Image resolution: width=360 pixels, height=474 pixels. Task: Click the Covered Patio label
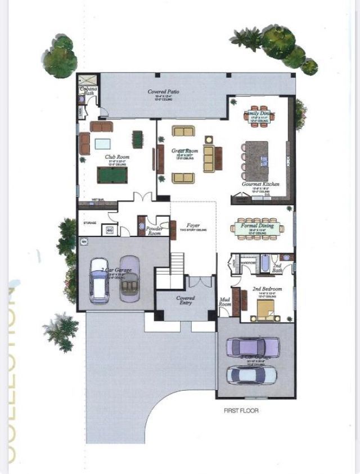pyautogui.click(x=164, y=91)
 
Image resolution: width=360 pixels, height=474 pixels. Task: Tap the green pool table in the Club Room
pyautogui.click(x=112, y=175)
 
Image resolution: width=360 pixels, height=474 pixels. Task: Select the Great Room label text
pyautogui.click(x=184, y=151)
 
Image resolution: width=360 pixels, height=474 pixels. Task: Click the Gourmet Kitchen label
pyautogui.click(x=260, y=184)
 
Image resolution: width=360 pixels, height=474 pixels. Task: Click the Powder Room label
pyautogui.click(x=154, y=231)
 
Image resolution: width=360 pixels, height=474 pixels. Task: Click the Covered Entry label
pyautogui.click(x=185, y=301)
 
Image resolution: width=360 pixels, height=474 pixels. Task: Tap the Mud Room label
pyautogui.click(x=224, y=302)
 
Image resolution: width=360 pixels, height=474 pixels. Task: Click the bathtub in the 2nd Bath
pyautogui.click(x=263, y=263)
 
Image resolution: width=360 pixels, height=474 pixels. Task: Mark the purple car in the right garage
pyautogui.click(x=252, y=347)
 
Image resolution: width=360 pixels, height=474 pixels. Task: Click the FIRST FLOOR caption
pyautogui.click(x=241, y=411)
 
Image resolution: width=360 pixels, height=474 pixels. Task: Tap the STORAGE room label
pyautogui.click(x=90, y=223)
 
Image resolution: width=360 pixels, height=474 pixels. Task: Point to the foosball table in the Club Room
pyautogui.click(x=137, y=138)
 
